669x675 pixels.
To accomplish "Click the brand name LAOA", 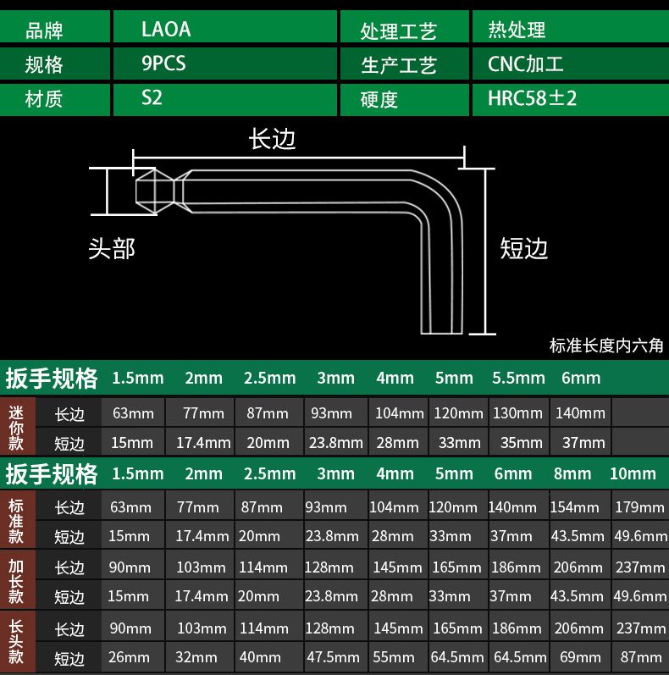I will (x=166, y=30).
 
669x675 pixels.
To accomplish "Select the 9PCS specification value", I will (x=164, y=64).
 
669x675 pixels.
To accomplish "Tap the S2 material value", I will (x=152, y=98).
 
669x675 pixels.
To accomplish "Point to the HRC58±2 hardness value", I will (x=532, y=98).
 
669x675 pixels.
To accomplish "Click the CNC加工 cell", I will (x=525, y=64).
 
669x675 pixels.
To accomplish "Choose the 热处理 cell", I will (x=517, y=30).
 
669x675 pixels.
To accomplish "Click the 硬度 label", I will (x=379, y=99).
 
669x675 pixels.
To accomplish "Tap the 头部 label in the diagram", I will (x=112, y=249).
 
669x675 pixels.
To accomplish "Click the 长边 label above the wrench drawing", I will (x=272, y=140).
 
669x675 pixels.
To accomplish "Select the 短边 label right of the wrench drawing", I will (x=524, y=248).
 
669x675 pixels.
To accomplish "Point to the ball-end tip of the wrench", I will (x=155, y=189).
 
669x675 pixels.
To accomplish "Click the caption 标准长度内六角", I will (x=606, y=346).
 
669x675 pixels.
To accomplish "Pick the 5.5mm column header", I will (x=518, y=378).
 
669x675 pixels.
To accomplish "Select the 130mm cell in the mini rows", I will (x=518, y=413).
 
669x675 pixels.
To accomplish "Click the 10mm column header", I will (x=633, y=473).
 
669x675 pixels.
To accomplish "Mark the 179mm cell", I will (x=640, y=507).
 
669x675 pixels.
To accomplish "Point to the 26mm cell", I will (x=130, y=657).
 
